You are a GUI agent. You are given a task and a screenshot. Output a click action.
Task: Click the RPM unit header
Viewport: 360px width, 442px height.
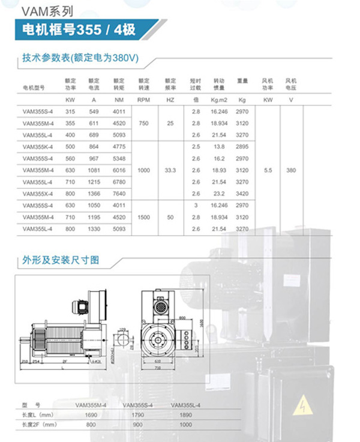pos(143,99)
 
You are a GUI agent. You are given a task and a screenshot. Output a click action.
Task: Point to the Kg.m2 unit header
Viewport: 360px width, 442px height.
pos(218,99)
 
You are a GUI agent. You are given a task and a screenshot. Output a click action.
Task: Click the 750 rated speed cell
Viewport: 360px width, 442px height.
pos(143,122)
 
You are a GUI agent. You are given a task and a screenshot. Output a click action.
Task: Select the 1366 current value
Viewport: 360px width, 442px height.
pos(94,193)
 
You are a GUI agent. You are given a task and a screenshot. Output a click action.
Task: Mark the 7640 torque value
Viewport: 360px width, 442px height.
pos(119,193)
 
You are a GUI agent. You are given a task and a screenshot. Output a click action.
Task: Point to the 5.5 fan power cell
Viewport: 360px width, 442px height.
pos(268,170)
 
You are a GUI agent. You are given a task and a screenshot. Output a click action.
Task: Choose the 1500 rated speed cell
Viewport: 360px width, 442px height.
pos(143,217)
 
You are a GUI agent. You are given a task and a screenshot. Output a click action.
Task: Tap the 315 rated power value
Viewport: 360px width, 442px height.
pos(70,112)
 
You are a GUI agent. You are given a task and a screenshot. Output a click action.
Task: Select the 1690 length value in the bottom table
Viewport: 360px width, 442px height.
pos(91,414)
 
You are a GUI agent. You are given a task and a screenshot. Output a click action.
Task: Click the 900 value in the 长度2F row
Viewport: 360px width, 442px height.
pos(137,425)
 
